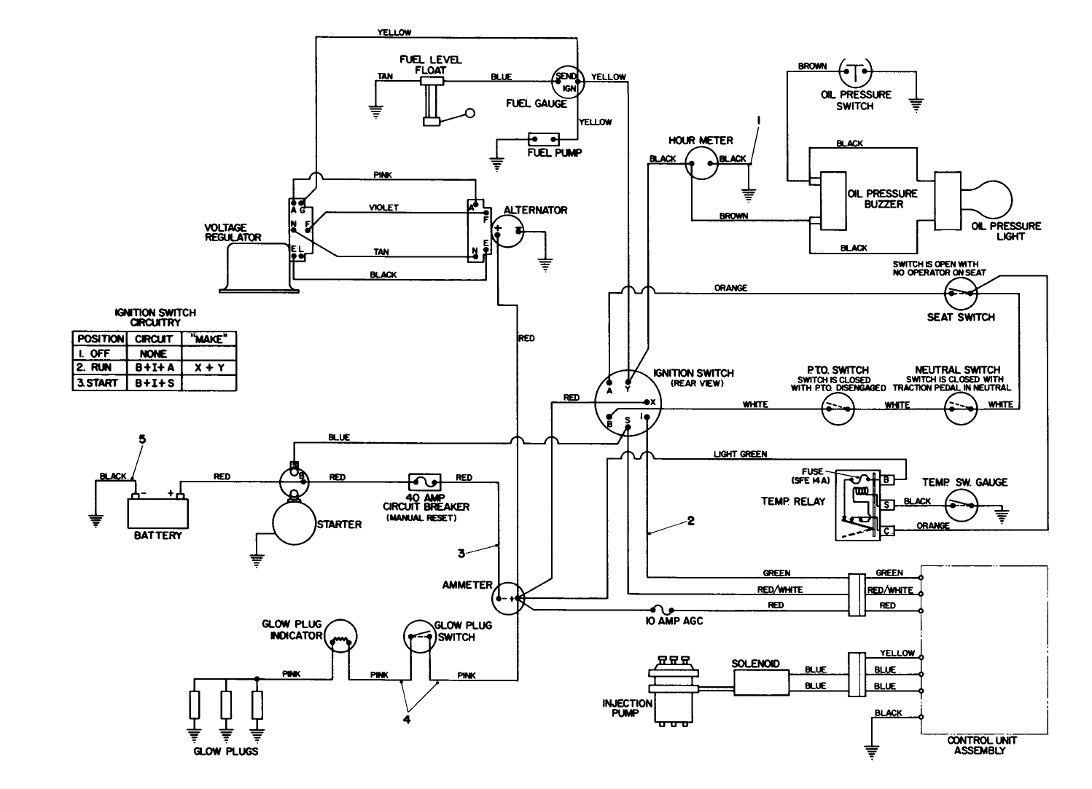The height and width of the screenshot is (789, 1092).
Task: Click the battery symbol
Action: tap(158, 511)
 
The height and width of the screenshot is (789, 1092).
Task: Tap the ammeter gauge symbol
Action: tap(508, 598)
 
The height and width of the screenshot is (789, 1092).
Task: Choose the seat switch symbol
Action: tap(960, 294)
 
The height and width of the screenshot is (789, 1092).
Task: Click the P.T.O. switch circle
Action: tap(838, 412)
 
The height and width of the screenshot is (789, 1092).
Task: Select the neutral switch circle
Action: tap(960, 412)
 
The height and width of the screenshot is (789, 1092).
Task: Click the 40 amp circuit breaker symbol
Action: tap(424, 482)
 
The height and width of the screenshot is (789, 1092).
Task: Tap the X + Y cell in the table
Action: tap(208, 368)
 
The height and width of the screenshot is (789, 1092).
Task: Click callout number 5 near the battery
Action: tap(142, 439)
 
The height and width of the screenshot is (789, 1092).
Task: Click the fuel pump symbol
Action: tap(544, 138)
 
